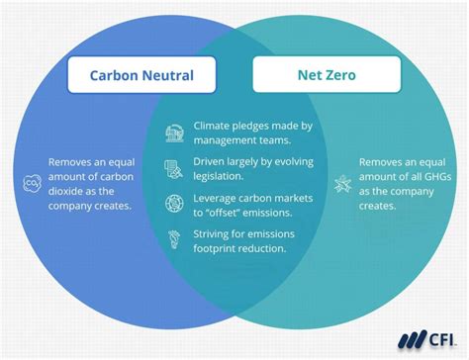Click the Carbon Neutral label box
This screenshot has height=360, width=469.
(141, 75)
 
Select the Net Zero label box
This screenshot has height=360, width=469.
(327, 75)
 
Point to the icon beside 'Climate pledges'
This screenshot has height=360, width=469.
(175, 132)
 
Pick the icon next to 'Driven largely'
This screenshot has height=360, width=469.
(175, 166)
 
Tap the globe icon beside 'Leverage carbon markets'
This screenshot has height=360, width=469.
(175, 203)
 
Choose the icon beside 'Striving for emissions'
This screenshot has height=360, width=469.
(175, 238)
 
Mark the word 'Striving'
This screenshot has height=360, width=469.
(215, 233)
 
